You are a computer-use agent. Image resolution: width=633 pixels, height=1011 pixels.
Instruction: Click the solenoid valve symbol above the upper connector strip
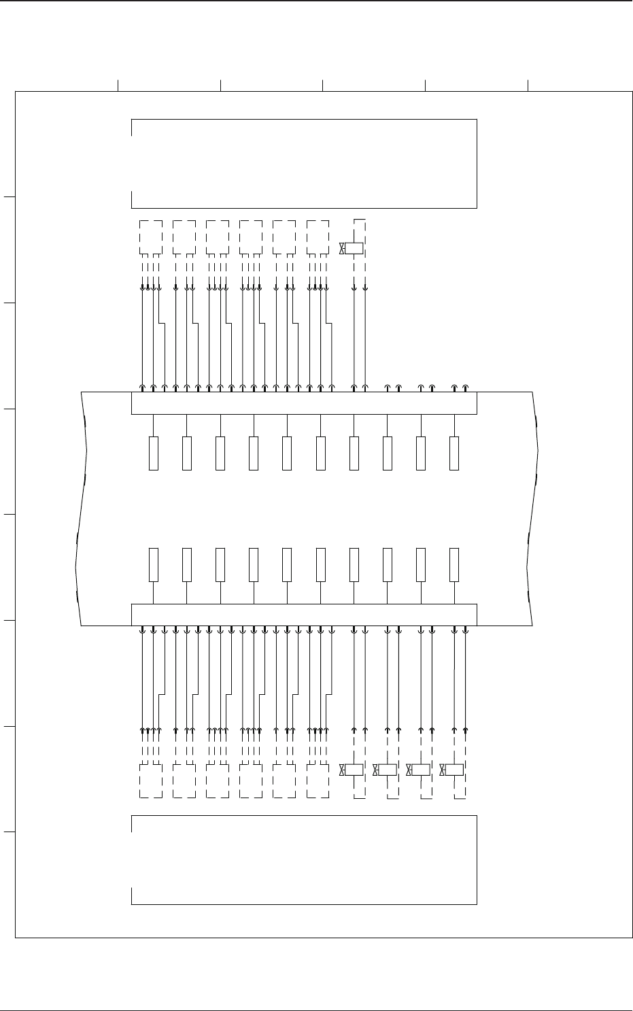354,248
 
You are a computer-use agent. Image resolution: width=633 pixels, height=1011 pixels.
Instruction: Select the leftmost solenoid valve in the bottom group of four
354,770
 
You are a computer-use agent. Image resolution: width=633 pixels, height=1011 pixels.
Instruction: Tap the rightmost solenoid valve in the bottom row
454,770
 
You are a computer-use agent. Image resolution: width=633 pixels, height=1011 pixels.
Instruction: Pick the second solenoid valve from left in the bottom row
387,770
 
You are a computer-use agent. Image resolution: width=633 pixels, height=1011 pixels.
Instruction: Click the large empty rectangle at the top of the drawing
303,163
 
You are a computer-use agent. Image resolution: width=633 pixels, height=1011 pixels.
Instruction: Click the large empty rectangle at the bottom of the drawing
303,859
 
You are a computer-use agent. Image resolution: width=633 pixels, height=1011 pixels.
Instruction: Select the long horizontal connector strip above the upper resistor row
303,403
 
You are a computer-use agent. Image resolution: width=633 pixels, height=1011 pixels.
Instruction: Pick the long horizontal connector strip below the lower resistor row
303,614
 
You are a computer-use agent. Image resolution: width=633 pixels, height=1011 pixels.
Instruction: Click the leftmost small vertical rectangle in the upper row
154,453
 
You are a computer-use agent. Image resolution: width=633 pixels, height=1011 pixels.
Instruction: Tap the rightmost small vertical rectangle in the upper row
454,453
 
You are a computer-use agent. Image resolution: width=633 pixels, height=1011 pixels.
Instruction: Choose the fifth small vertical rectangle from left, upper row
287,453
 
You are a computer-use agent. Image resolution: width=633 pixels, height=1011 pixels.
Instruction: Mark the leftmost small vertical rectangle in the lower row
154,564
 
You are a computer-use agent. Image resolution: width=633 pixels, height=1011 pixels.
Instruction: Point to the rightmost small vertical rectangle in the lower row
454,564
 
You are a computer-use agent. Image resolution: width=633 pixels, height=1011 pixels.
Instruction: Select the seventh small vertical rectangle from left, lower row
354,564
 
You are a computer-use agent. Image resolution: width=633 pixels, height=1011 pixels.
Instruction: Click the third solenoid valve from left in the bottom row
421,770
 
